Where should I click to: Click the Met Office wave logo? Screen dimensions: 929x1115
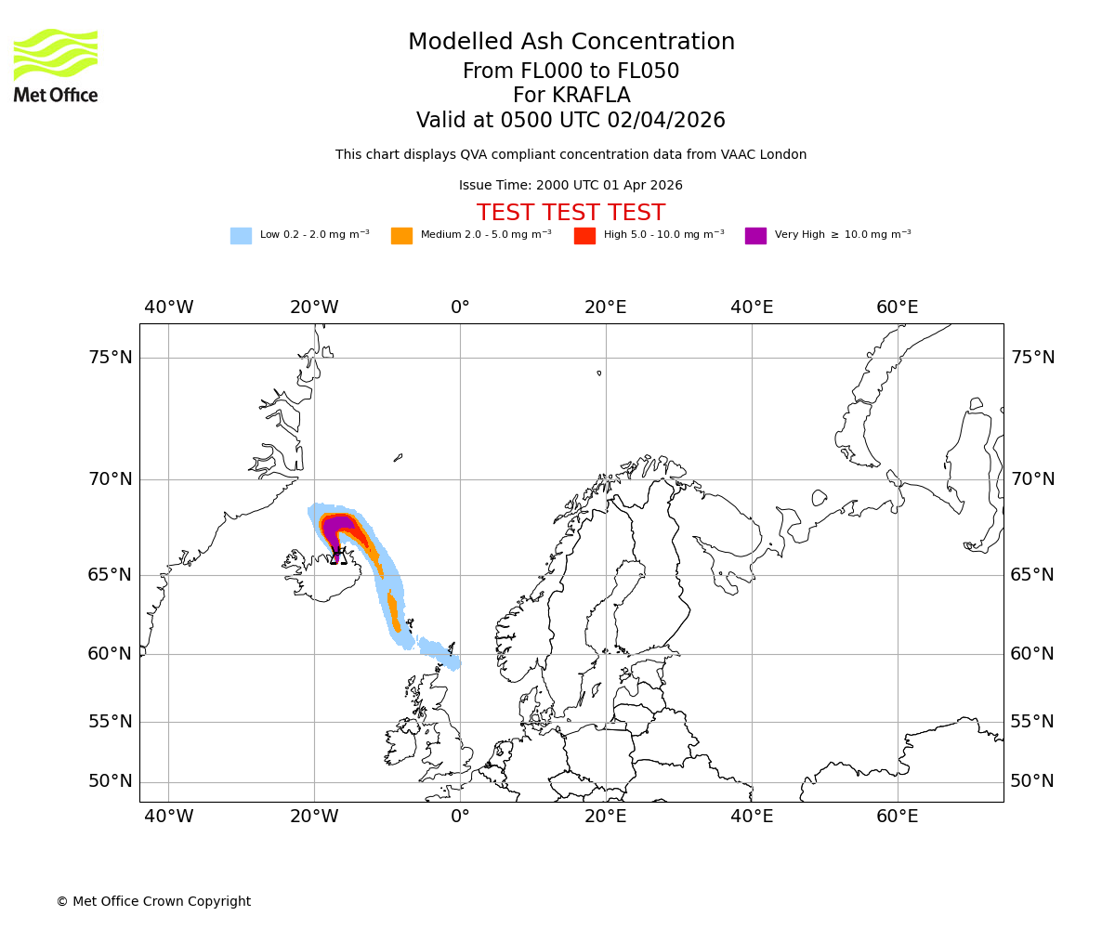click(56, 54)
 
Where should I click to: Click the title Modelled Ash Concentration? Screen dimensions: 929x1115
click(571, 42)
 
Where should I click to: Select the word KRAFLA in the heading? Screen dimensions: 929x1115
click(591, 96)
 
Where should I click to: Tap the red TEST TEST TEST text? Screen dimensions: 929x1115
click(571, 213)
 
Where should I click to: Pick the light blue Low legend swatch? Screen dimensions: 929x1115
click(241, 236)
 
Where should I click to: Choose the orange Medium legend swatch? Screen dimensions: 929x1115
click(401, 236)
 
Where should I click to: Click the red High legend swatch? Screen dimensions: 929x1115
click(584, 236)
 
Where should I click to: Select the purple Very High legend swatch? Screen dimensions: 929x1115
click(755, 236)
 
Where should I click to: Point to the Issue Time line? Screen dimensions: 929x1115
click(571, 185)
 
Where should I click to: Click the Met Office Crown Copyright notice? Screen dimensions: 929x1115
click(153, 901)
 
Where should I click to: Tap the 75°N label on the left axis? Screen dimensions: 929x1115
click(110, 358)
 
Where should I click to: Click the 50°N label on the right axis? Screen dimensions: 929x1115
click(1032, 781)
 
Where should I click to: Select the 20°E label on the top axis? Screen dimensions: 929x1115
click(605, 307)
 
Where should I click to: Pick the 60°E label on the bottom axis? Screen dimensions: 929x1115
click(897, 817)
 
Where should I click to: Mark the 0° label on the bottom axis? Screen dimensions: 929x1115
click(460, 817)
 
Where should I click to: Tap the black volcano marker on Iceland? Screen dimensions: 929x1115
click(338, 556)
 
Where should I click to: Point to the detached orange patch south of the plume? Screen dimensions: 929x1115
click(394, 613)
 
